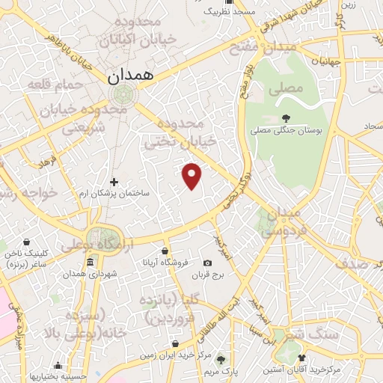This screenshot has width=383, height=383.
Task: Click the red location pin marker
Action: click(x=192, y=176)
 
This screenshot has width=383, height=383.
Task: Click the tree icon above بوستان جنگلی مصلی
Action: click(x=286, y=117)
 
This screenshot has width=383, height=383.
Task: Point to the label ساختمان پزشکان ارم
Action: click(x=114, y=194)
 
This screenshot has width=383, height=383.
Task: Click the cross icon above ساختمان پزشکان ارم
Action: click(x=114, y=182)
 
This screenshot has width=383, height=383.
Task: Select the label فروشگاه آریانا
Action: click(x=165, y=263)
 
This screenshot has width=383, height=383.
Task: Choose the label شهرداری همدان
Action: click(x=91, y=274)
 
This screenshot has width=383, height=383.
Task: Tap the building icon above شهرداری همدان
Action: click(x=90, y=262)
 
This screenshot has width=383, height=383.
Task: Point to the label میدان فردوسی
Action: click(x=279, y=222)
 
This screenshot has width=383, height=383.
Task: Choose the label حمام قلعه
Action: click(x=53, y=84)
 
